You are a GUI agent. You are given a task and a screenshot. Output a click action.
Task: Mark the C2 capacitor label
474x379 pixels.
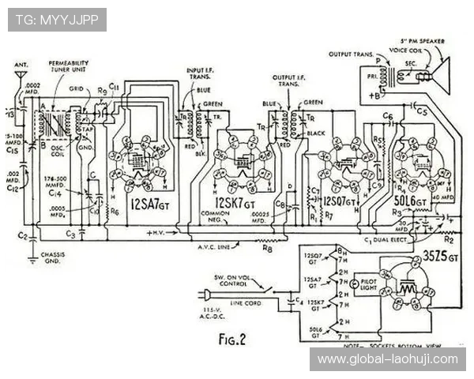point(24,235)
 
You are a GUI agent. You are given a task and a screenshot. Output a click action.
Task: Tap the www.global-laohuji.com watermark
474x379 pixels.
point(387,359)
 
